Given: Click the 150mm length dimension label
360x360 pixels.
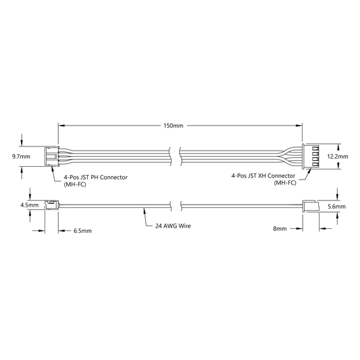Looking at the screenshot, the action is tap(174, 126).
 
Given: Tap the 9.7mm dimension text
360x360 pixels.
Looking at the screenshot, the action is tap(21, 157).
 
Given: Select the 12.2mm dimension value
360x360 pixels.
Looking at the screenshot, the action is tap(338, 157).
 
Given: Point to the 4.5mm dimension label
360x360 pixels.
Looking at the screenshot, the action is tap(30, 205).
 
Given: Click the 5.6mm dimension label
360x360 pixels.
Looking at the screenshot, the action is tap(336, 207).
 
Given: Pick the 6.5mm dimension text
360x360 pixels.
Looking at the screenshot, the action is tap(82, 231).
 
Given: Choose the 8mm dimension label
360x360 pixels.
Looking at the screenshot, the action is tap(280, 229).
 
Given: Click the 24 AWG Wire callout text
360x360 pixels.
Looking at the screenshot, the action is tap(173, 226).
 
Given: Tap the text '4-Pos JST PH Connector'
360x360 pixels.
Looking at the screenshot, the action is tap(95, 178).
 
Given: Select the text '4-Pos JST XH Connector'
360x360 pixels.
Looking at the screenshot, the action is tap(263, 176).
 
